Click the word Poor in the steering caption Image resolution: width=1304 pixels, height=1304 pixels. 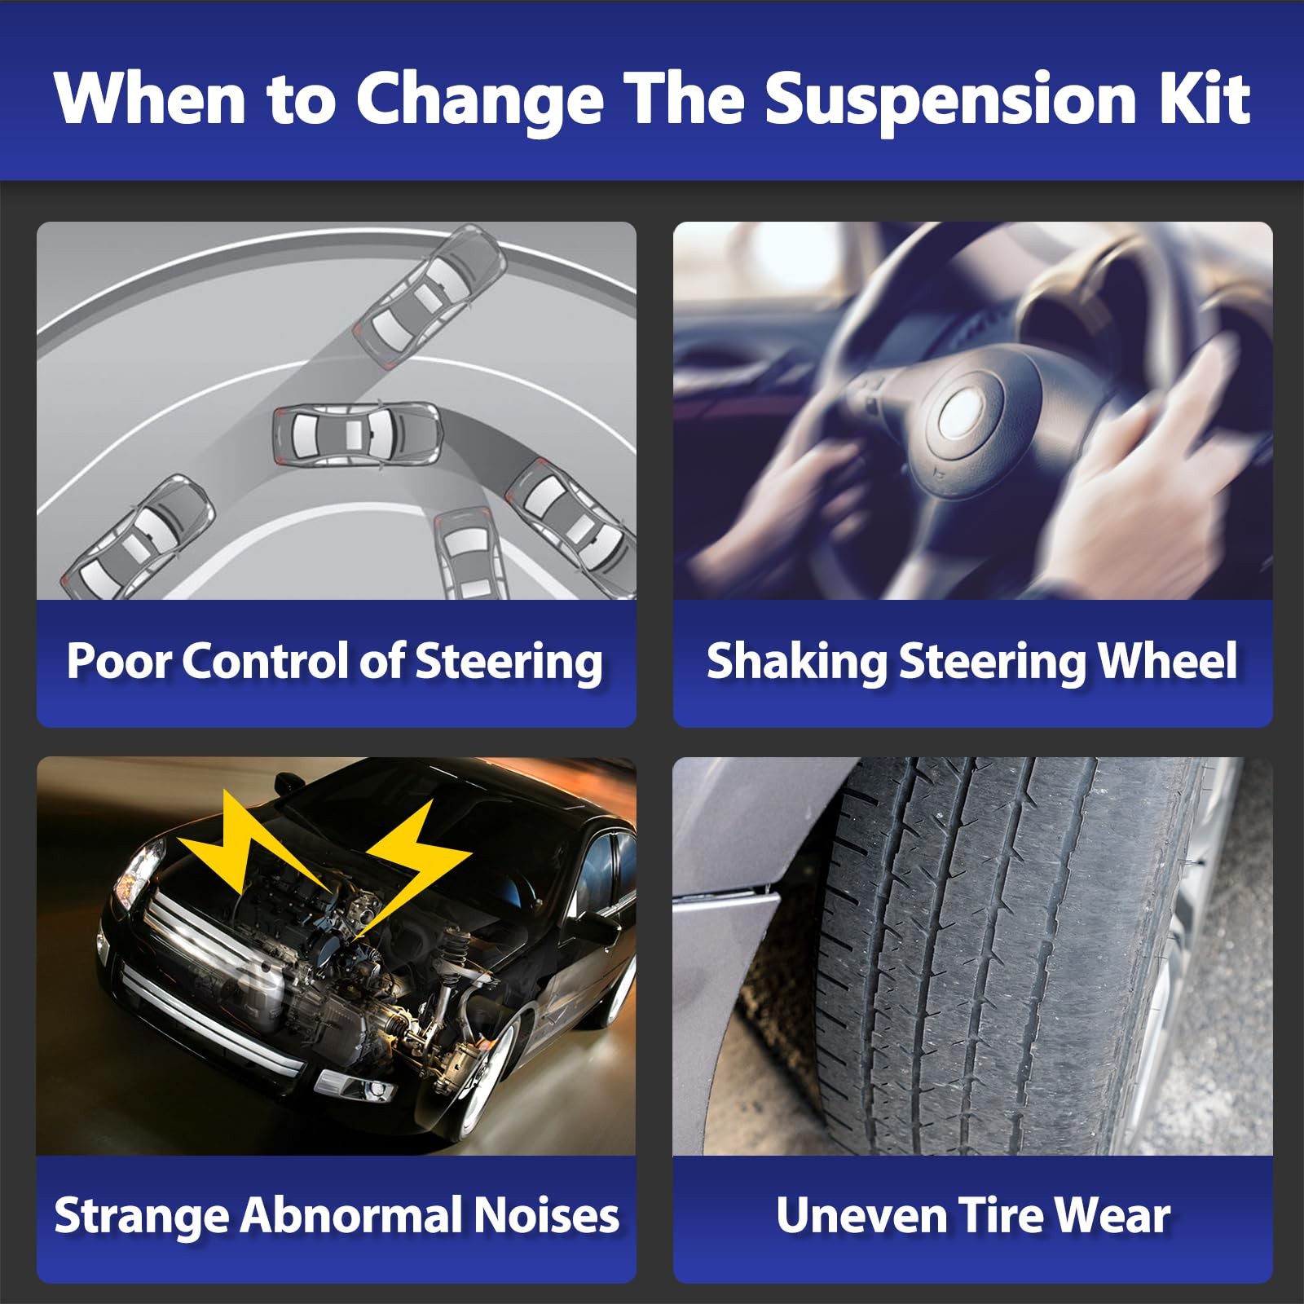pyautogui.click(x=119, y=660)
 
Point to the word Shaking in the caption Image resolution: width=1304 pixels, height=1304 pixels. pyautogui.click(x=796, y=660)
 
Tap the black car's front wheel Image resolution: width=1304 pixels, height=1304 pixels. pyautogui.click(x=481, y=1084)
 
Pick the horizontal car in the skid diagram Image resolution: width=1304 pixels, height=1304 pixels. pyautogui.click(x=357, y=434)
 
